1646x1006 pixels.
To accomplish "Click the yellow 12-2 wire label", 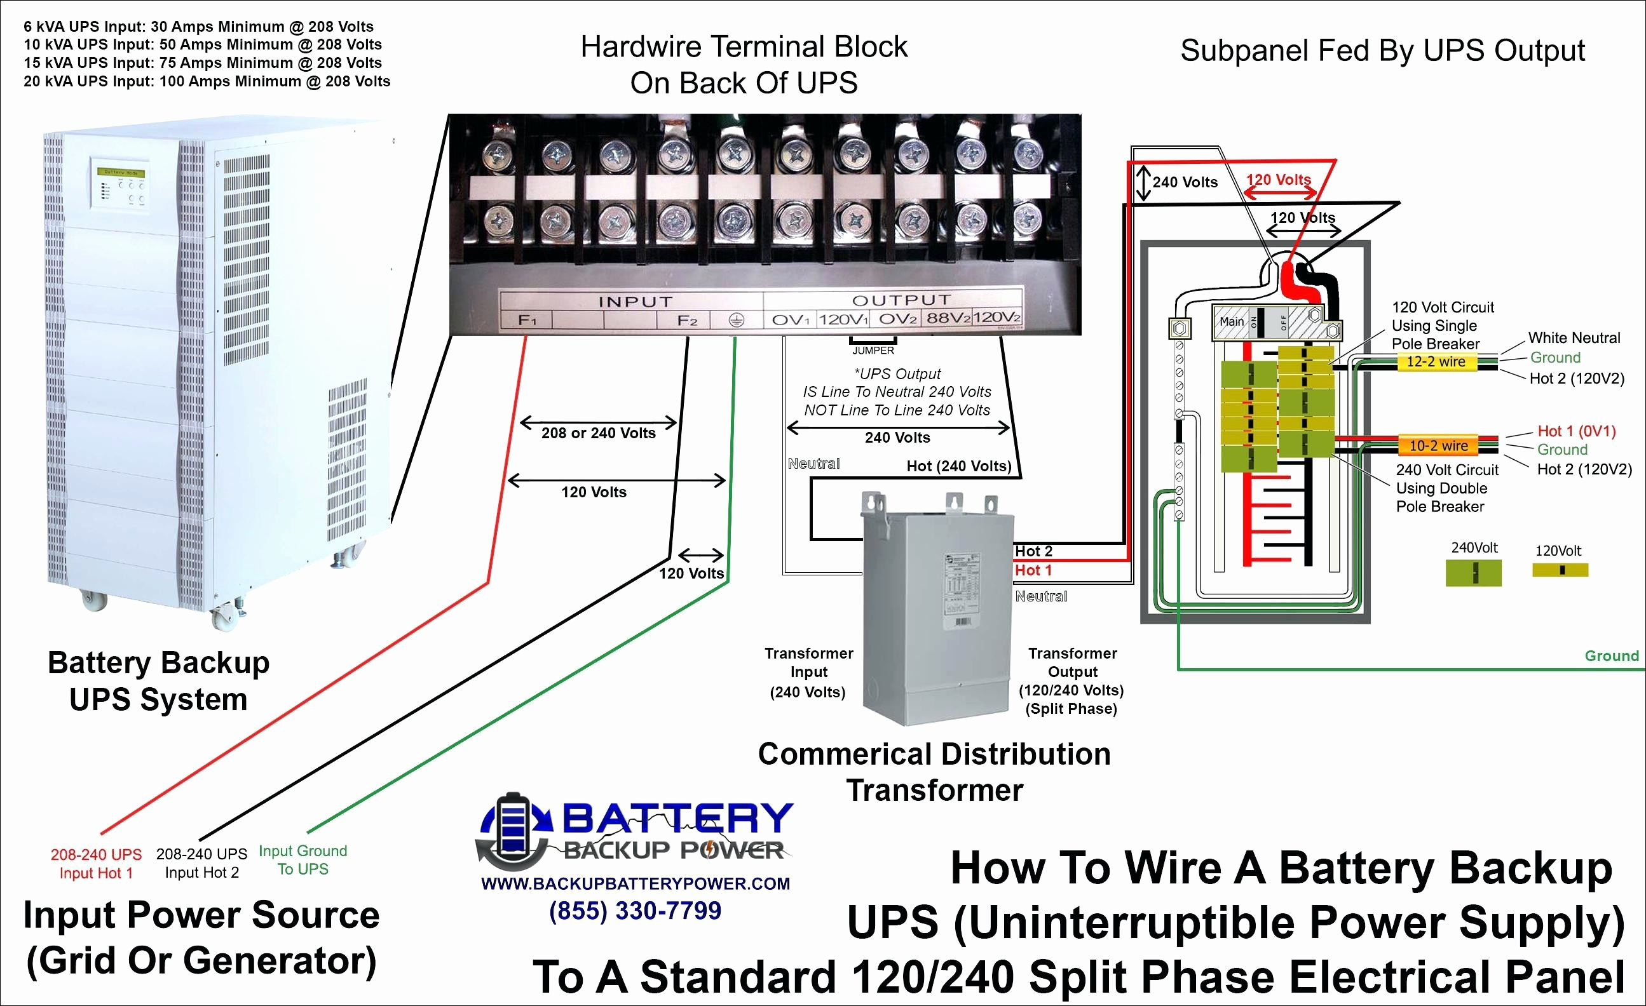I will pos(1436,362).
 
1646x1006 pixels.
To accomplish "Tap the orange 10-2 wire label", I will pos(1438,445).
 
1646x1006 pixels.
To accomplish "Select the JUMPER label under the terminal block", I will pos(873,351).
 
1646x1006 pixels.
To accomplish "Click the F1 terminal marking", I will pos(527,321).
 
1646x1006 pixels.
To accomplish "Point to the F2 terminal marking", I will pos(688,321).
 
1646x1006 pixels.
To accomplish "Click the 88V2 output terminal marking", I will pos(946,318).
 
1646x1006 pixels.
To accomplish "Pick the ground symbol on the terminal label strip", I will pos(735,321).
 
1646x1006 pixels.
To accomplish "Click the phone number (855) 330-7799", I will pos(635,911).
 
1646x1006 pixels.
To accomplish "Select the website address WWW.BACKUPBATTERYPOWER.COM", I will pos(636,884).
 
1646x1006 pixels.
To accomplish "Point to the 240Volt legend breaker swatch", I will pos(1473,573).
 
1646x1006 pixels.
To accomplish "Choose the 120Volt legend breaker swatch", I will pos(1560,570).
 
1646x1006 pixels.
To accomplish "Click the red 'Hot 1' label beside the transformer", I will pos(1033,570).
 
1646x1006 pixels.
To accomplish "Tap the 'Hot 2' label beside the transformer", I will pos(1033,551).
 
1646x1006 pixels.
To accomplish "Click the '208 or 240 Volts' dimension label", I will pos(599,433).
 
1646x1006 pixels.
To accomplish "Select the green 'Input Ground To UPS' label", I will pos(303,860).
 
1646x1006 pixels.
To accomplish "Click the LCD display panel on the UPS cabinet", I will pos(121,172).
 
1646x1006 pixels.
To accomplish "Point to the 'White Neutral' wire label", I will pos(1574,338).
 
